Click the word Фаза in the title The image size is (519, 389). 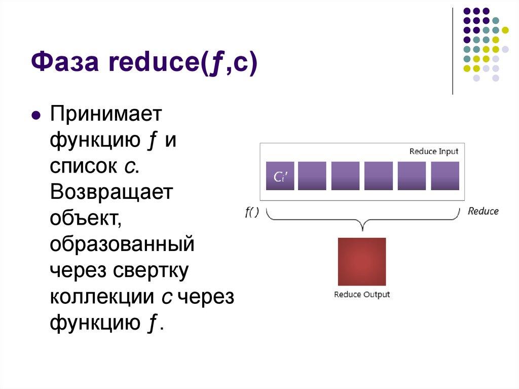coord(68,64)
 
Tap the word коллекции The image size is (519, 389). coord(101,297)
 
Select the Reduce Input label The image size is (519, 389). coord(433,151)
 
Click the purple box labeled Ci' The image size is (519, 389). coord(280,176)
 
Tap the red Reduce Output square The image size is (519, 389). coord(361,262)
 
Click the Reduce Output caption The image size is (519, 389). coord(361,295)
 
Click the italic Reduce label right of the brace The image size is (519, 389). coord(483,211)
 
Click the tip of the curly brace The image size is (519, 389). coord(361,229)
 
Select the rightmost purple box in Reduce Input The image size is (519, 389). coord(444,176)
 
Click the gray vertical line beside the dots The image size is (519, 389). coord(452,51)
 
